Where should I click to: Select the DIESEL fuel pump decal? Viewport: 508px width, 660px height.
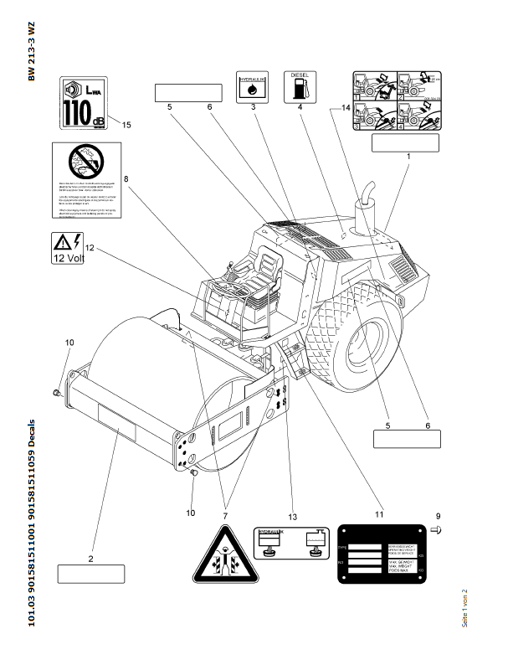pyautogui.click(x=299, y=87)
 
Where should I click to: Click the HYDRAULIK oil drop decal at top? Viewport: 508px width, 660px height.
pyautogui.click(x=252, y=87)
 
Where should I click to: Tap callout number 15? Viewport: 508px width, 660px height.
pyautogui.click(x=127, y=125)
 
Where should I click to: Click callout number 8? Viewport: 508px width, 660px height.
pyautogui.click(x=126, y=178)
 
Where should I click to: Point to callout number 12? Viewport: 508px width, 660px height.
pyautogui.click(x=90, y=248)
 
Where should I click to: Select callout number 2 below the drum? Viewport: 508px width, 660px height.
pyautogui.click(x=90, y=558)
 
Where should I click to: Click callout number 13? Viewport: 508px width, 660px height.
pyautogui.click(x=292, y=516)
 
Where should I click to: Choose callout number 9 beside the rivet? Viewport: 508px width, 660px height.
pyautogui.click(x=436, y=516)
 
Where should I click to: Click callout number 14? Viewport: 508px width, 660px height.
pyautogui.click(x=344, y=108)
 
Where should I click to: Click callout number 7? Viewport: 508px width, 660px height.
pyautogui.click(x=224, y=505)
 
